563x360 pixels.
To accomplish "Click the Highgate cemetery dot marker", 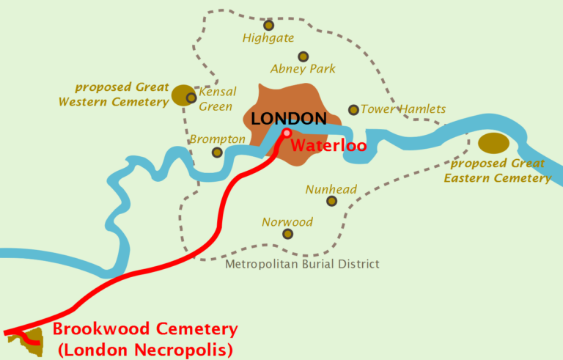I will (268, 25).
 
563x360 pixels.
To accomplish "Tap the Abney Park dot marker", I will (303, 56).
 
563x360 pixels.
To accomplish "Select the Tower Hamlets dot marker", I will (353, 109).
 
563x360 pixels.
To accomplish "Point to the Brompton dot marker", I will (217, 153).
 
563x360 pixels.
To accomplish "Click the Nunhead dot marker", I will (331, 201).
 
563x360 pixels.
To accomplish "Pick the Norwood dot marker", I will (287, 234).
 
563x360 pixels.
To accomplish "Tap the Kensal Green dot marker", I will (191, 98).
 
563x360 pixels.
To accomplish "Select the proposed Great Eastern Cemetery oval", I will (493, 143).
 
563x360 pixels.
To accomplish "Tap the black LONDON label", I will (288, 118).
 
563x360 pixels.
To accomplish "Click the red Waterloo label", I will (328, 145).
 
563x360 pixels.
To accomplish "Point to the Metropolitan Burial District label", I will (302, 264).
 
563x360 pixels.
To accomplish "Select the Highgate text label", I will (268, 38).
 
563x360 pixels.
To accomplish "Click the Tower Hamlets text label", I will (403, 109).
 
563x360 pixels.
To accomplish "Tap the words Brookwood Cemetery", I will (145, 329).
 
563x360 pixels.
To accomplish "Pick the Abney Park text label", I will (303, 69).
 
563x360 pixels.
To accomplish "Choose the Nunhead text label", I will (331, 189).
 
